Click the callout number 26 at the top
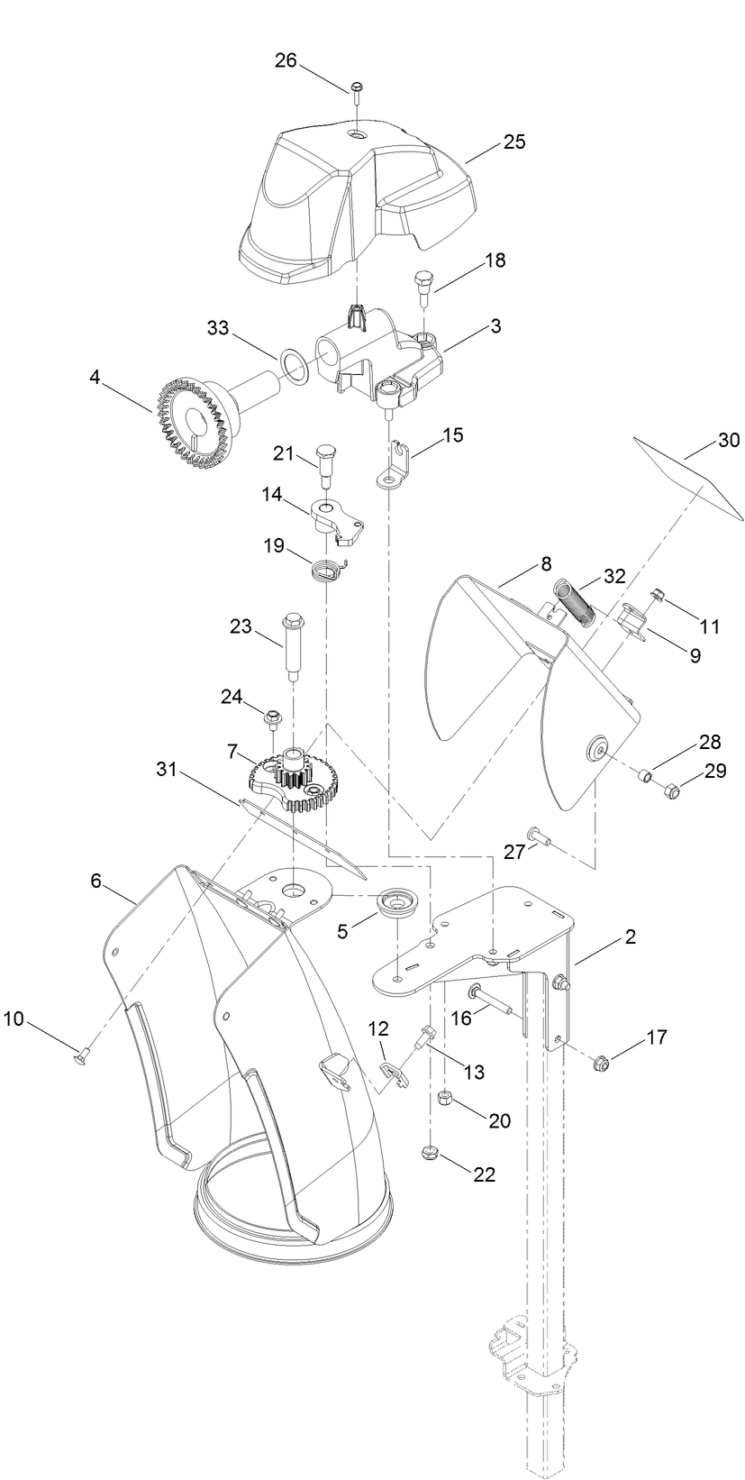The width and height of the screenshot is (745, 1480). click(x=286, y=60)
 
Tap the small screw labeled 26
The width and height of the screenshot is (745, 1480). click(x=357, y=88)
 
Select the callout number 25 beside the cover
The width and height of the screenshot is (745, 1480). click(x=514, y=142)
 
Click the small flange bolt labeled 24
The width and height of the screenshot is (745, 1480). click(x=270, y=717)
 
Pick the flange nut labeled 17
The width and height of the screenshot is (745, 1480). click(x=599, y=1064)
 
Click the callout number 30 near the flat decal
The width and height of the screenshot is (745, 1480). click(x=728, y=441)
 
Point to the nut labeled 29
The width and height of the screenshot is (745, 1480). click(x=669, y=791)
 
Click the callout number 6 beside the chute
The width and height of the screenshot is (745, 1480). click(x=96, y=882)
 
